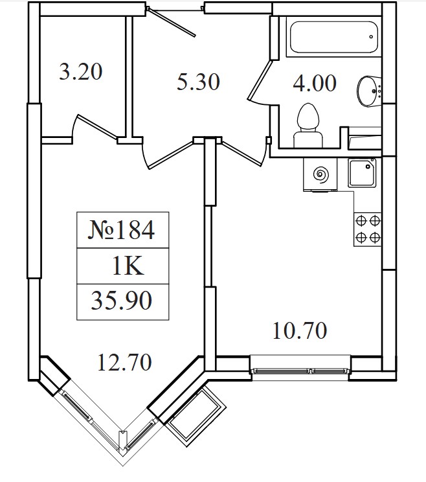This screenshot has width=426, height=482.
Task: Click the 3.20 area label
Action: point(80,72)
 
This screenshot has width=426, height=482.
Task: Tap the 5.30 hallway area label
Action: point(198,82)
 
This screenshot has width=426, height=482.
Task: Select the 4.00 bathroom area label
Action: point(315,84)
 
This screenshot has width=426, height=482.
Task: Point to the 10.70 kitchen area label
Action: point(300,331)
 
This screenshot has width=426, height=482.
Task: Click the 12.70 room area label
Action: point(124,362)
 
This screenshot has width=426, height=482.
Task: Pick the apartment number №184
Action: point(121,230)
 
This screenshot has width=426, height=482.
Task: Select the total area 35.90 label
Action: point(121,301)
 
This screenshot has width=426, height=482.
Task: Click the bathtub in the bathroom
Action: point(333,37)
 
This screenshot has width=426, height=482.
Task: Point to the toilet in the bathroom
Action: point(308,126)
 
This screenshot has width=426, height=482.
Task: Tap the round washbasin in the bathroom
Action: point(369,91)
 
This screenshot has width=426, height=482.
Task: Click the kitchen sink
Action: point(362,172)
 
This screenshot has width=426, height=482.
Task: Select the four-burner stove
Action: point(368,229)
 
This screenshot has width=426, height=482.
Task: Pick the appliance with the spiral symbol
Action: point(320,175)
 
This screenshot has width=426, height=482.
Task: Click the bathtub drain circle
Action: point(371,37)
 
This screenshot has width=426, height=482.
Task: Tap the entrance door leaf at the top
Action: point(172,23)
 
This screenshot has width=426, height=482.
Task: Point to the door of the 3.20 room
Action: point(97,126)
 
